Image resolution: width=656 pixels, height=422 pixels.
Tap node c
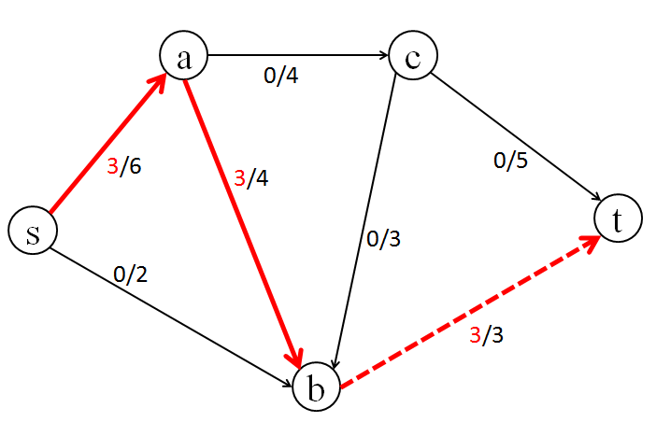tap(413, 56)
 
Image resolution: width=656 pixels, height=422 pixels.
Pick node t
tap(618, 219)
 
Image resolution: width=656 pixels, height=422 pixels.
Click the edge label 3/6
tap(124, 168)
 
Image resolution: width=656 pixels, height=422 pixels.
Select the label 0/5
tap(510, 161)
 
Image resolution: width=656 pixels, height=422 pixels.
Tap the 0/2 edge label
tap(130, 274)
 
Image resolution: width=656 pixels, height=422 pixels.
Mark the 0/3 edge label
tap(383, 239)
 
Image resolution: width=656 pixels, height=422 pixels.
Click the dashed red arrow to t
tap(467, 312)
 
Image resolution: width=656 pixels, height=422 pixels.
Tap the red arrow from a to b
tap(245, 224)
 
